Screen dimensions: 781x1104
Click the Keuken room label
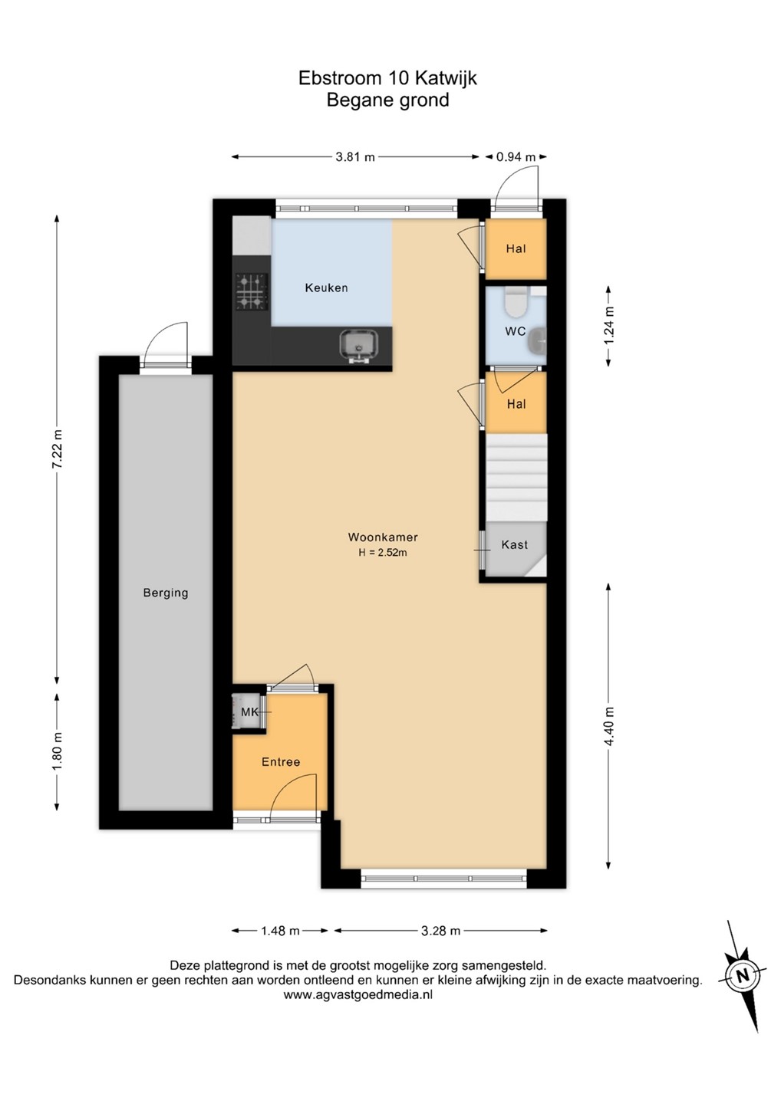[x=326, y=287]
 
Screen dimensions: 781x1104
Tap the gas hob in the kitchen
[x=252, y=292]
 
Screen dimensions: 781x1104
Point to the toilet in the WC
[x=516, y=302]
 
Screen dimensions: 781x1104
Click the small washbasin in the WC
[x=539, y=340]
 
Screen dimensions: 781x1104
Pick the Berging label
[x=166, y=593]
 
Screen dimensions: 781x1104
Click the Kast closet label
[x=514, y=544]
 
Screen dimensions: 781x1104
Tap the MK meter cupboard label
[x=249, y=711]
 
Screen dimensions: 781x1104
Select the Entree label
[x=281, y=761]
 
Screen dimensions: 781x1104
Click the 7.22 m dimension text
[x=58, y=451]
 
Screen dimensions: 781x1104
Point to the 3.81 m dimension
[x=355, y=157]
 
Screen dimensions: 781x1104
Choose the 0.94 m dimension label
[x=516, y=157]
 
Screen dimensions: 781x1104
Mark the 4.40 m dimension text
[x=610, y=727]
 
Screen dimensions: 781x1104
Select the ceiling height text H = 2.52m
[x=383, y=553]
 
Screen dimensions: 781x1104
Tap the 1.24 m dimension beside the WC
[x=610, y=326]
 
